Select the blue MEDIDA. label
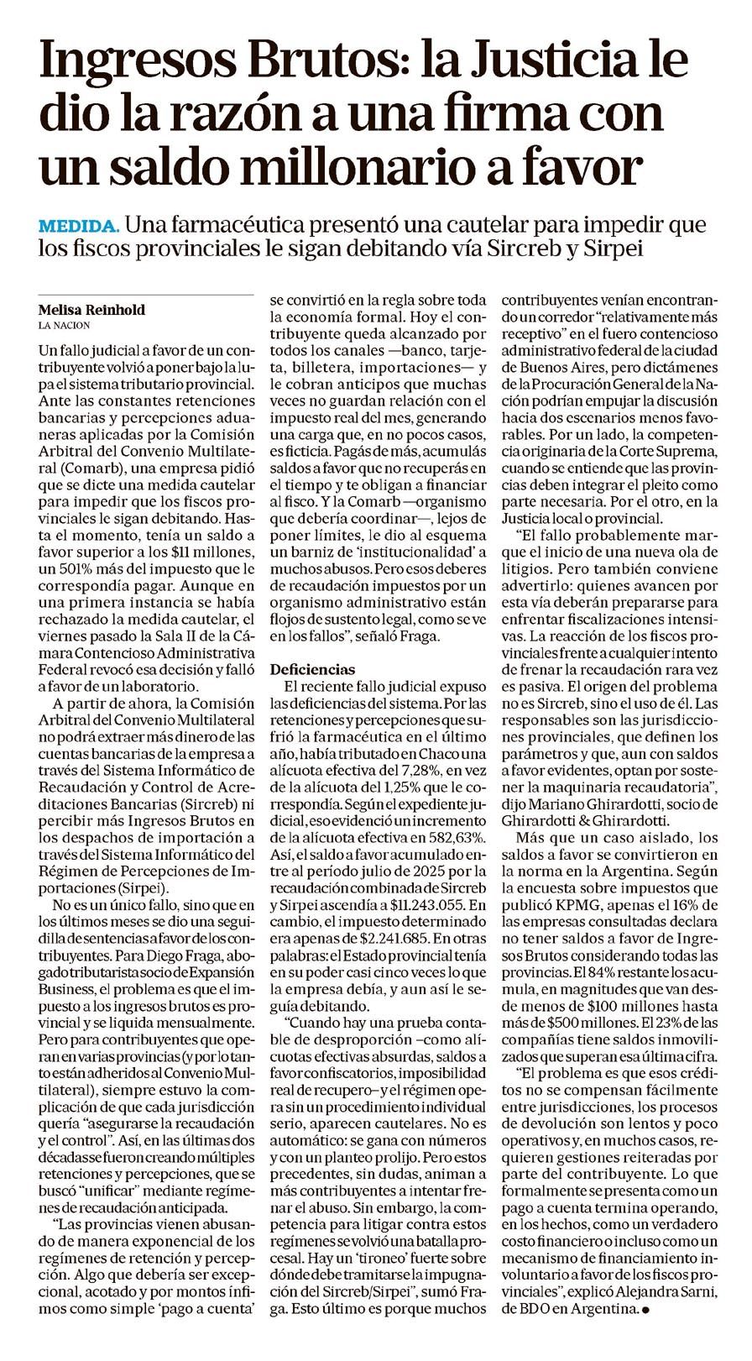coord(80,227)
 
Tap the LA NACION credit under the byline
coord(64,325)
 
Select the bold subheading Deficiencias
coord(312,669)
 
